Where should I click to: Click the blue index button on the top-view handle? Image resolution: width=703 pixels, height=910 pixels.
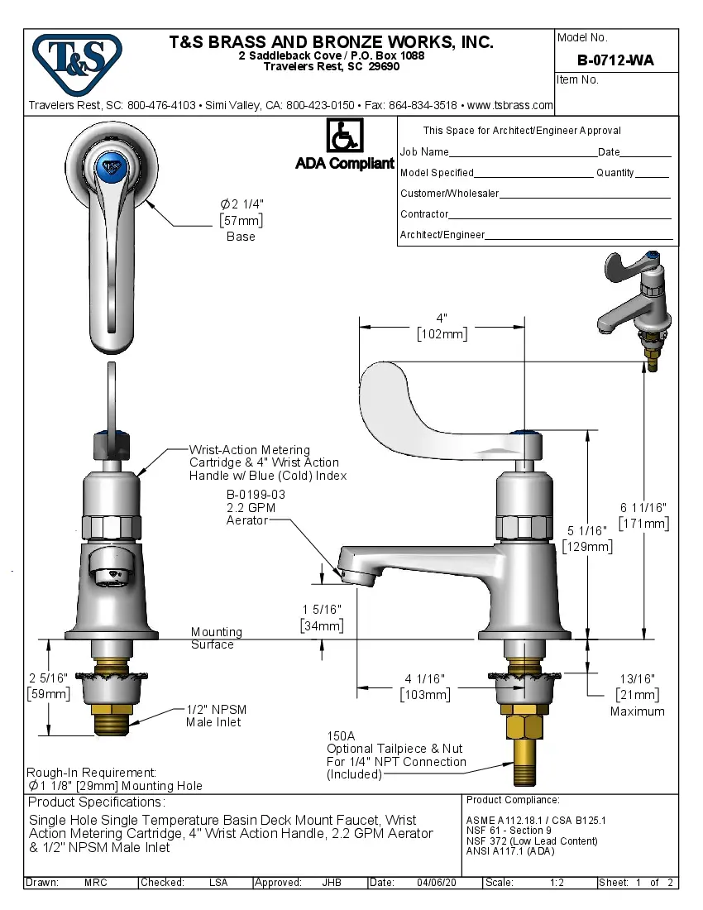[110, 166]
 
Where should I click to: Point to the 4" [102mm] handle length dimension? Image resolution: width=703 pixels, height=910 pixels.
[442, 326]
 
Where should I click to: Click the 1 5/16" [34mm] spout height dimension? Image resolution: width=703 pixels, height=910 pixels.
[322, 617]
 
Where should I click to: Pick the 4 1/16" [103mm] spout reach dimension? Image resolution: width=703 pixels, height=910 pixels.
[425, 687]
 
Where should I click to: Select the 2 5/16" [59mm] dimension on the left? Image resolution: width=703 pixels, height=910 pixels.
[48, 685]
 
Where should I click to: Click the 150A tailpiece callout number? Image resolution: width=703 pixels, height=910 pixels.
[340, 735]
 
